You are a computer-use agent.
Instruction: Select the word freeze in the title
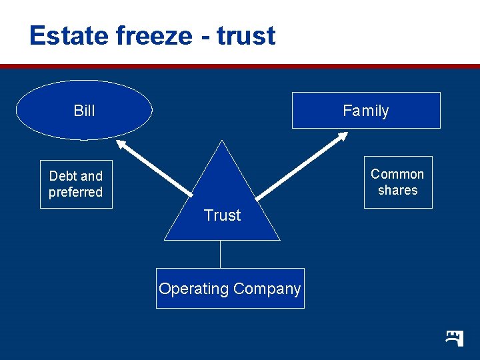pyautogui.click(x=154, y=35)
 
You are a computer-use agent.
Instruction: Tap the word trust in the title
pyautogui.click(x=246, y=35)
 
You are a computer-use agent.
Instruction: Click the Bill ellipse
pyautogui.click(x=84, y=111)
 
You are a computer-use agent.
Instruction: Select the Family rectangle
pyautogui.click(x=366, y=111)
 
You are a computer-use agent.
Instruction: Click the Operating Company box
pyautogui.click(x=230, y=289)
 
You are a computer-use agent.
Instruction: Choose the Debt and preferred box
pyautogui.click(x=76, y=184)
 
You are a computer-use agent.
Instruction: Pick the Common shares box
pyautogui.click(x=397, y=182)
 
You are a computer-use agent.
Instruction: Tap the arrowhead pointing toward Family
pyautogui.click(x=342, y=137)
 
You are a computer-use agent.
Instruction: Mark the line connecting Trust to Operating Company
pyautogui.click(x=221, y=254)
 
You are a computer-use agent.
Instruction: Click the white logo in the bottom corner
pyautogui.click(x=455, y=337)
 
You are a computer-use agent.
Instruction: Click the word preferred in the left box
pyautogui.click(x=76, y=193)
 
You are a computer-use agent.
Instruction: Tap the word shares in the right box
pyautogui.click(x=397, y=190)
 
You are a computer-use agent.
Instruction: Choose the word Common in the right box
pyautogui.click(x=397, y=174)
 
